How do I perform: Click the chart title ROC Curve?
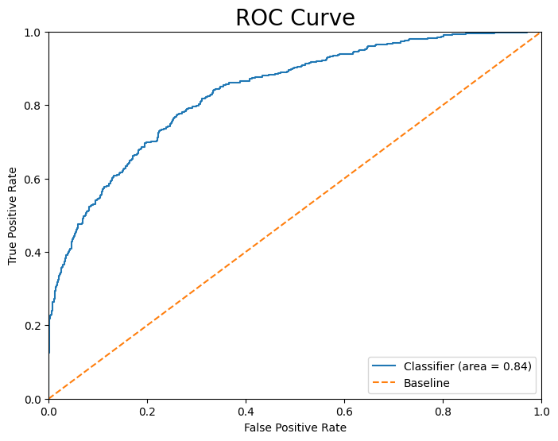click(x=295, y=17)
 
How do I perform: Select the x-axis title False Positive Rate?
click(x=295, y=427)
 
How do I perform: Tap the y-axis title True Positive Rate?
click(x=13, y=215)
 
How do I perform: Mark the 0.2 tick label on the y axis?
click(x=33, y=326)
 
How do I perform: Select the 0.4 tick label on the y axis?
click(x=33, y=253)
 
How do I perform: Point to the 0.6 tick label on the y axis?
click(x=33, y=179)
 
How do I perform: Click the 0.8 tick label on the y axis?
click(x=33, y=106)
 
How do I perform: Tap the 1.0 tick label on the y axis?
click(x=33, y=33)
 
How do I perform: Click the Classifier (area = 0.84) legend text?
click(x=467, y=366)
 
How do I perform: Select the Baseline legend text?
click(x=427, y=383)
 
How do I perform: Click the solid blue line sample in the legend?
click(x=386, y=366)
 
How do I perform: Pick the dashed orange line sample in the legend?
click(x=386, y=383)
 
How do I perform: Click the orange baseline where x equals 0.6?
click(x=344, y=179)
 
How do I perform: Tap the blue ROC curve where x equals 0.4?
click(x=246, y=79)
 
